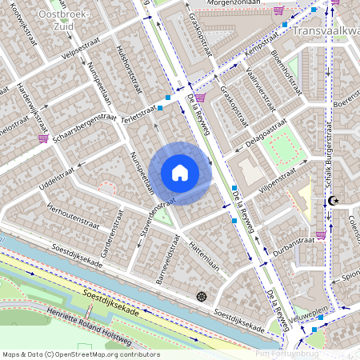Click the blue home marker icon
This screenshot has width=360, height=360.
click(x=180, y=172)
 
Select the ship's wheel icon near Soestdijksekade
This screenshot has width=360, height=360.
click(x=201, y=297)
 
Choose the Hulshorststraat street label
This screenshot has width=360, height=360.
click(x=129, y=70)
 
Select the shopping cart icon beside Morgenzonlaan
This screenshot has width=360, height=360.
click(x=278, y=11)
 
